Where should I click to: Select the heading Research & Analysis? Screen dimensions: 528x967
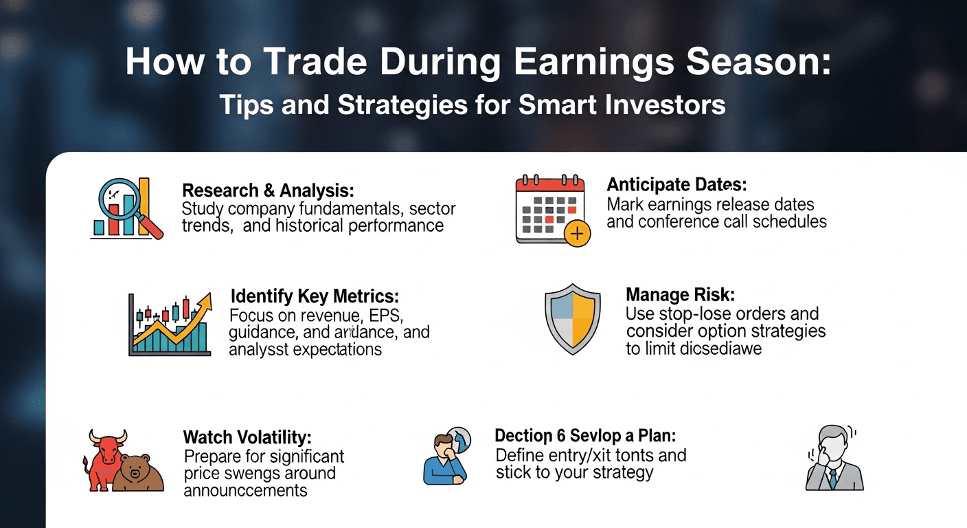(x=268, y=190)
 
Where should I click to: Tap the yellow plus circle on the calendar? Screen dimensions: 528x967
(x=577, y=234)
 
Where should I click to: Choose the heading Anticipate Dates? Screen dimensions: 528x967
(x=676, y=185)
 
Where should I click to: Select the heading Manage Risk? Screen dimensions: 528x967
(x=680, y=295)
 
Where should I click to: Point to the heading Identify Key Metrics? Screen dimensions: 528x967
(x=315, y=296)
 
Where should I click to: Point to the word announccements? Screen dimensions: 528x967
(x=245, y=491)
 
